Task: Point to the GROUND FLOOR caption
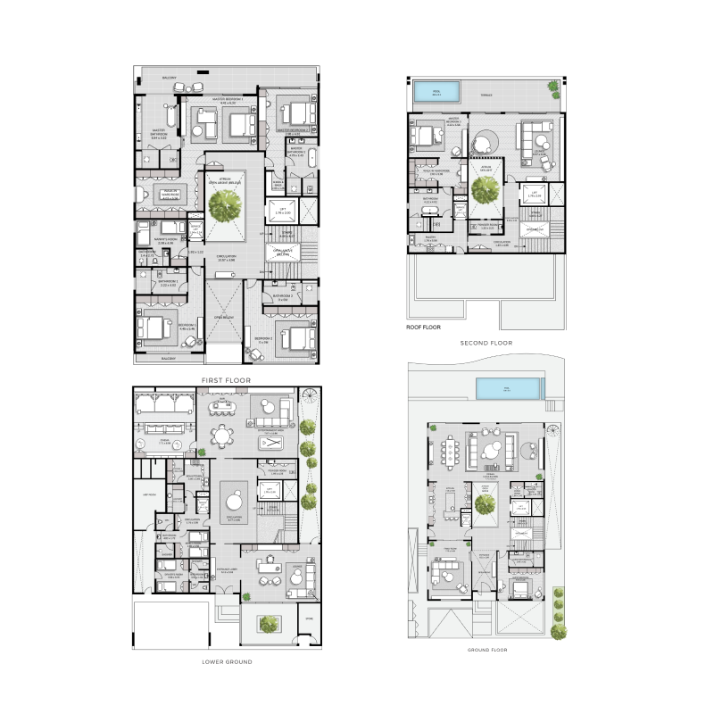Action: [487, 650]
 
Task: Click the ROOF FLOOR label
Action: [424, 328]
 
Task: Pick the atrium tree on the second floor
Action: [486, 188]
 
